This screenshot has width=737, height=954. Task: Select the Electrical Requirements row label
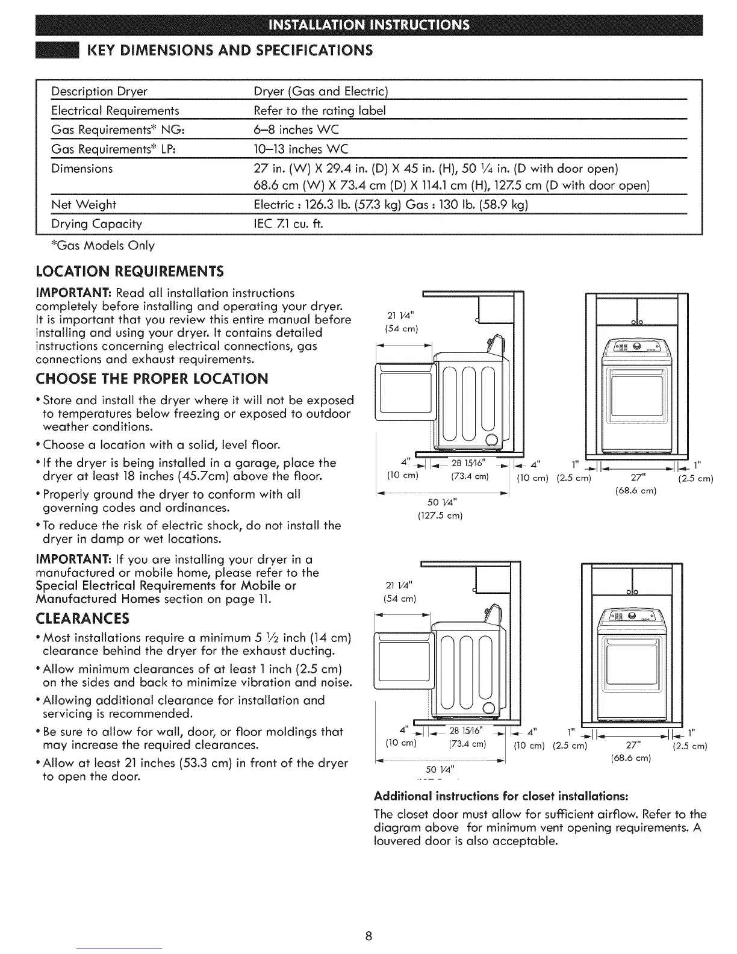click(115, 111)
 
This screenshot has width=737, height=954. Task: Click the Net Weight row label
click(84, 205)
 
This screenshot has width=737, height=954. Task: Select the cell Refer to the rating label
click(320, 111)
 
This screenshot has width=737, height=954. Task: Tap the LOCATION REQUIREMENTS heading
click(129, 271)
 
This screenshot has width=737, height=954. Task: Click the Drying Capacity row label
click(97, 224)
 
